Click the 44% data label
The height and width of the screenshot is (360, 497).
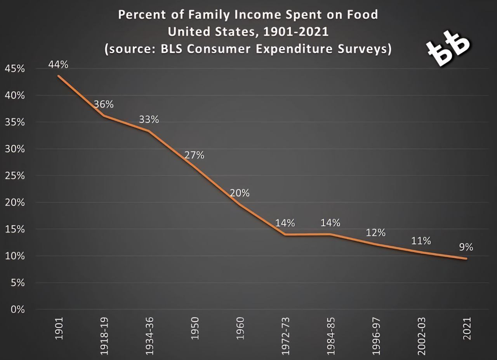(x=58, y=64)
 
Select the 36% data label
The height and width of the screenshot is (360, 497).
(x=104, y=104)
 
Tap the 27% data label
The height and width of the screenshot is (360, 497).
(x=194, y=155)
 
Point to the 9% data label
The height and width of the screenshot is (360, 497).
(x=466, y=247)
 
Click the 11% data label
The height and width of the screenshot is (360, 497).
(x=421, y=241)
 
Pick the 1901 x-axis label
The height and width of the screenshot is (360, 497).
(x=59, y=329)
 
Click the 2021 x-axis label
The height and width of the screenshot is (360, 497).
(x=467, y=329)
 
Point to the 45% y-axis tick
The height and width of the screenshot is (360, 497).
(x=15, y=69)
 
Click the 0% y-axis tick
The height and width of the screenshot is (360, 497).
(x=17, y=310)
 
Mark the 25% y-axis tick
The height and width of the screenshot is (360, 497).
(x=15, y=176)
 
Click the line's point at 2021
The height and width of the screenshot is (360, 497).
(x=466, y=259)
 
